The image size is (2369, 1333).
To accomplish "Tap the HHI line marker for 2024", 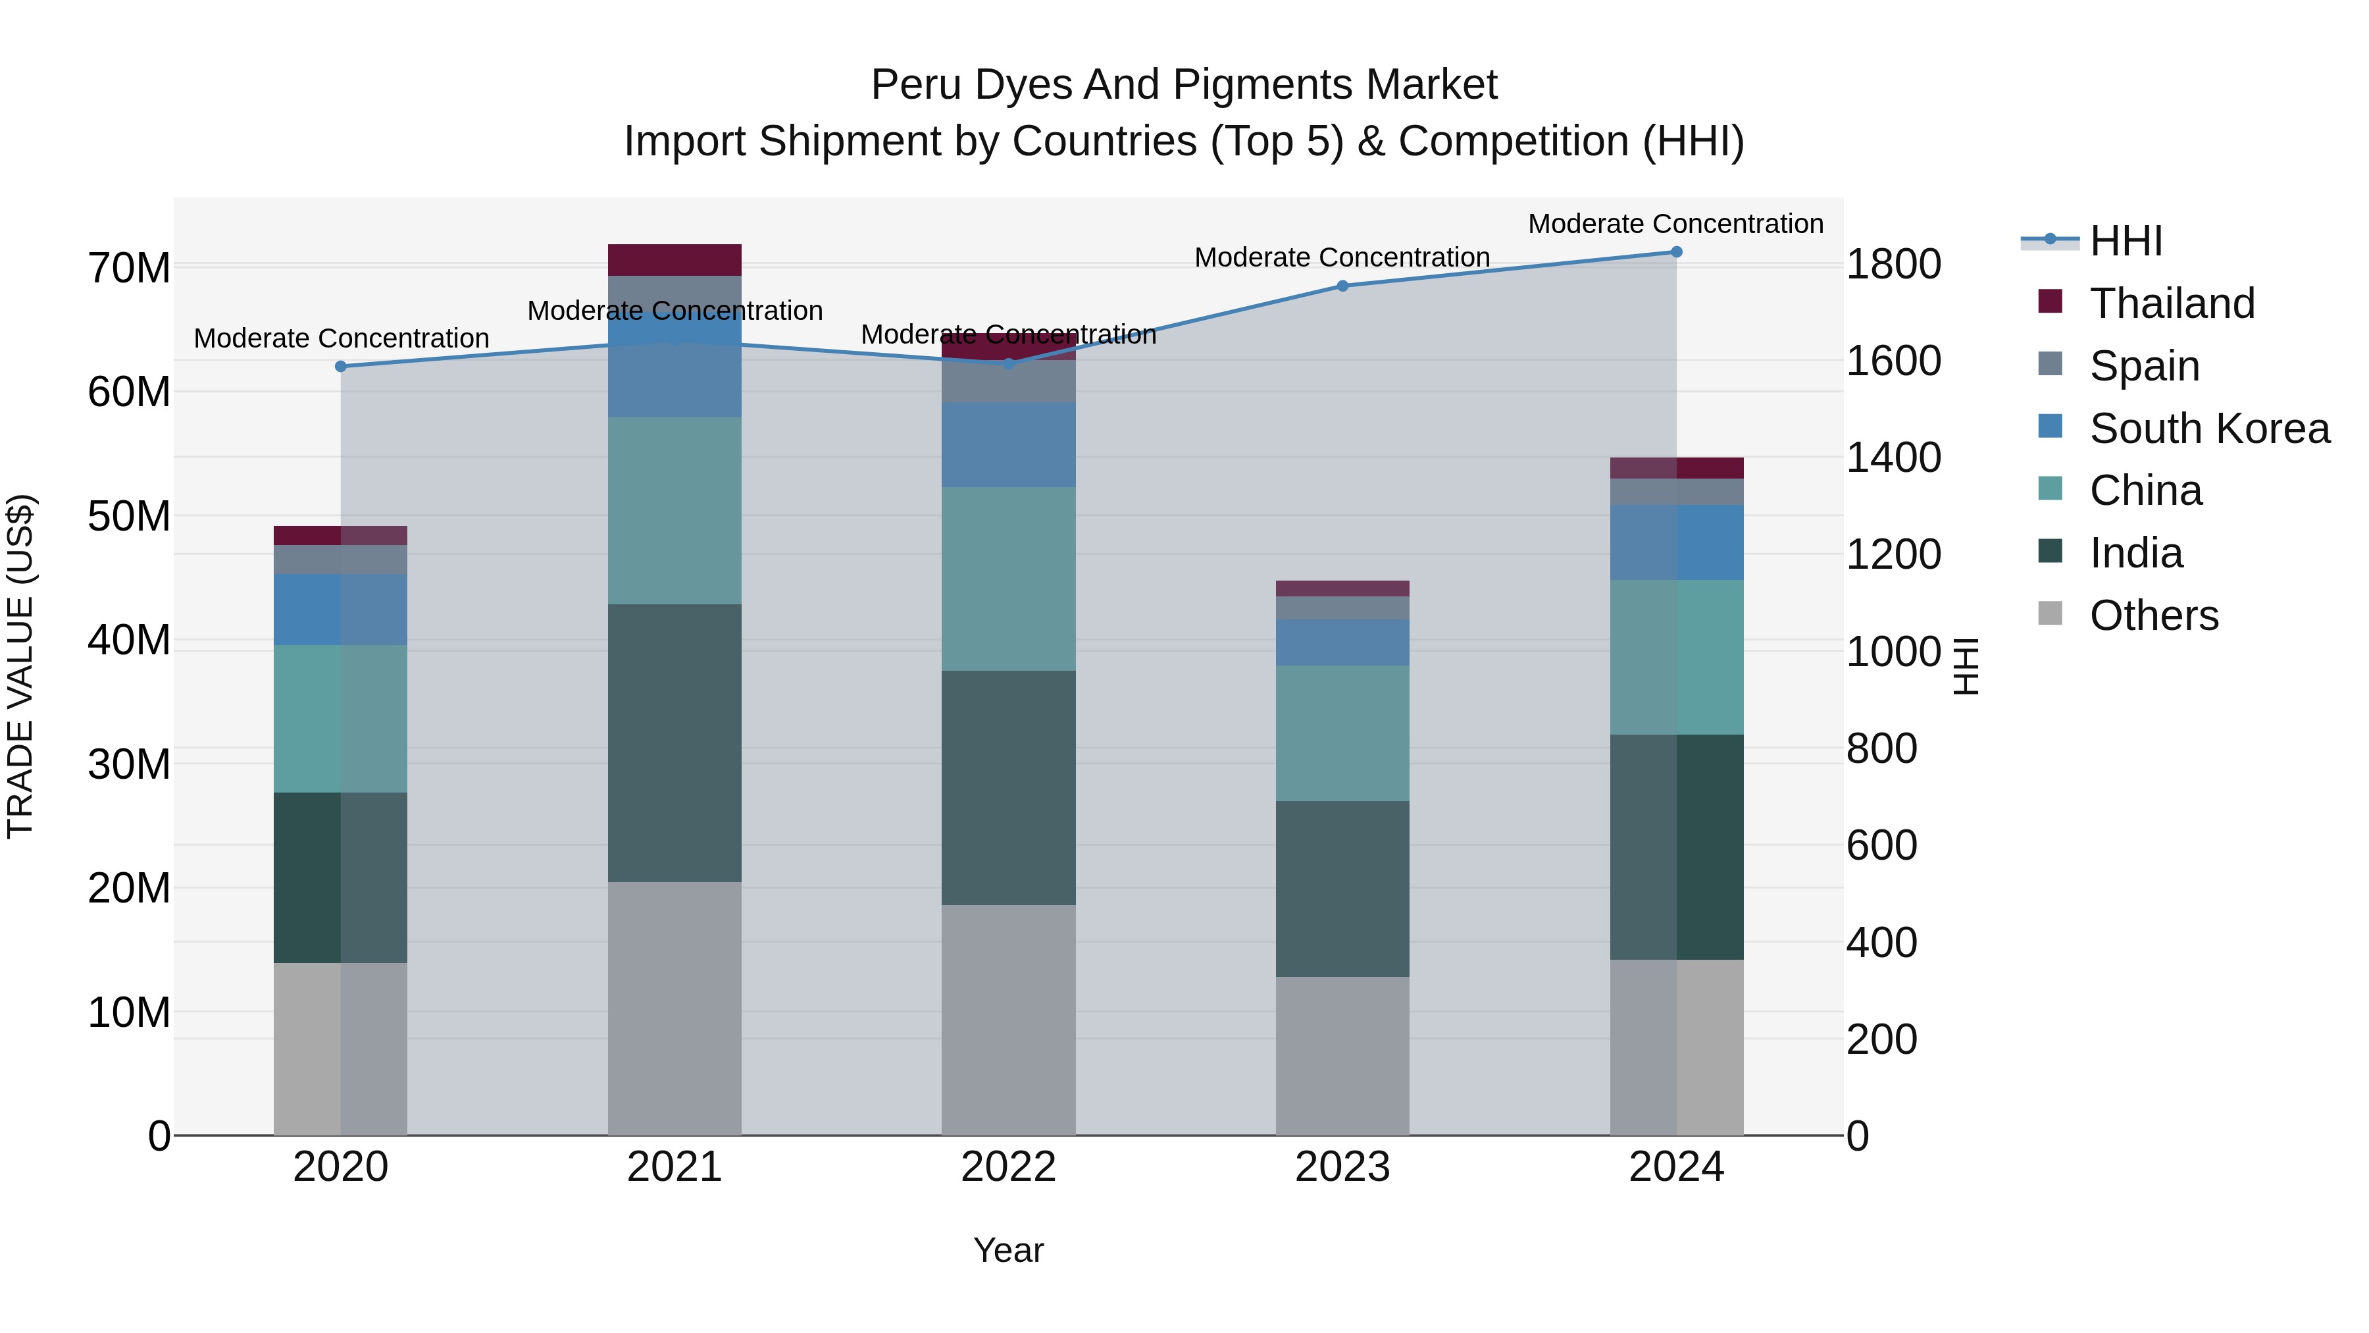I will (1675, 251).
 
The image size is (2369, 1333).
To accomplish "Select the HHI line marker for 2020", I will (340, 366).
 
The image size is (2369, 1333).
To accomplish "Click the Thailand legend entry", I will (2172, 303).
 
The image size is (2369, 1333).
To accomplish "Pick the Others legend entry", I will (2153, 615).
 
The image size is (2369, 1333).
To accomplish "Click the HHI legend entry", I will (2126, 241).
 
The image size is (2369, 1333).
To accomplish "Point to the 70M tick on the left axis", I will (129, 269).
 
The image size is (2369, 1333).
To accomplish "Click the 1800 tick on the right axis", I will (1893, 265).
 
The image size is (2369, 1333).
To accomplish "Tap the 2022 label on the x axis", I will (1008, 1167).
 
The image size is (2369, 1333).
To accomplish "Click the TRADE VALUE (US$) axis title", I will (20, 666).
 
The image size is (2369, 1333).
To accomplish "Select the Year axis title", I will (1008, 1250).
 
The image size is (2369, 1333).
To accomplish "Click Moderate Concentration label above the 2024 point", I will (1675, 224).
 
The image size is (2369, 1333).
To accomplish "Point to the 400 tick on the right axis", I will (1881, 943).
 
